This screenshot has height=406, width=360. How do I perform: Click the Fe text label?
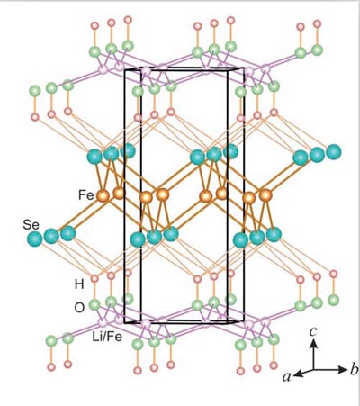coord(86,195)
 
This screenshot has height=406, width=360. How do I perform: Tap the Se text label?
coord(31,225)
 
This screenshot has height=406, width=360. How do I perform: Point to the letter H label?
coord(79,284)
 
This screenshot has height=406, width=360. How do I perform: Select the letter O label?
coord(79,308)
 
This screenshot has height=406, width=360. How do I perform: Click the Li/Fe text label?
coord(107,337)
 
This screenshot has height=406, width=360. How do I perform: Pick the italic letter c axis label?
coord(313,331)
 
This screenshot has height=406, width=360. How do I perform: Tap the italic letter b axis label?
coord(354,369)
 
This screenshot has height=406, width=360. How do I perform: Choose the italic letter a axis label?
coord(287,376)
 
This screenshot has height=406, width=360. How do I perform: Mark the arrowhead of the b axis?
coord(343,370)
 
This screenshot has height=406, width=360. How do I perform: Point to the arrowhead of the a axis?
coord(298,374)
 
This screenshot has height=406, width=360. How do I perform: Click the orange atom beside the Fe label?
coord(103,196)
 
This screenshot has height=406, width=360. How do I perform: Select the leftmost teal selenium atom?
coord(34,239)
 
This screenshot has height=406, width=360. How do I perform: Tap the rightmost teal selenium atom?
coord(334,152)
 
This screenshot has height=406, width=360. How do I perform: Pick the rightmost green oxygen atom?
coord(333,300)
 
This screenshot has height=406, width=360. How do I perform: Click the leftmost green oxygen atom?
coord(35,91)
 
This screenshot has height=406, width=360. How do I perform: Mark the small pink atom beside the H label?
coord(94,278)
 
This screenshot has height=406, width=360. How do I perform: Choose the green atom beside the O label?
coord(94,305)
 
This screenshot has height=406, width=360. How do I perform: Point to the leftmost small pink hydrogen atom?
coord(35,117)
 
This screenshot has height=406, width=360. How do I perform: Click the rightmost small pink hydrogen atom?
coord(334,274)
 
